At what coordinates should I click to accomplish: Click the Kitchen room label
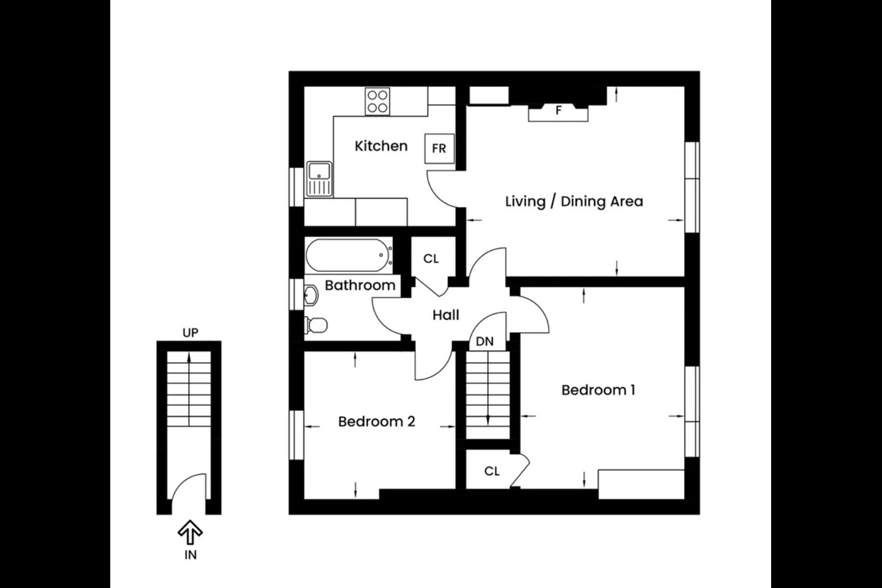381,146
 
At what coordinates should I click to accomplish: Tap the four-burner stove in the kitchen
377,102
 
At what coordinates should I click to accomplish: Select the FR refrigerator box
439,148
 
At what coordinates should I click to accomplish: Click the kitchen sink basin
319,171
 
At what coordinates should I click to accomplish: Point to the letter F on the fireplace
559,111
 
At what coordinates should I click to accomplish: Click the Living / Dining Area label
574,202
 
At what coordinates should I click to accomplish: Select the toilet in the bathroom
316,325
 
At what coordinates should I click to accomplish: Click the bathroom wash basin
311,295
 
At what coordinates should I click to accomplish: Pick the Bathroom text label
360,285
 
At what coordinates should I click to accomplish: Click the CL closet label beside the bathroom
431,258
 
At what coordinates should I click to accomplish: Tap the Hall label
446,315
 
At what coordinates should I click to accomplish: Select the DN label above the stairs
484,341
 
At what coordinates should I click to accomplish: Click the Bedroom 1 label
598,390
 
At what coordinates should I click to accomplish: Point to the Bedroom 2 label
377,422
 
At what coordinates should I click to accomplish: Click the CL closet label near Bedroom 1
492,471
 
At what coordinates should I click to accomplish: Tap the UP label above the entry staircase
190,333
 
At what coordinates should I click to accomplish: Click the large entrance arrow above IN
190,532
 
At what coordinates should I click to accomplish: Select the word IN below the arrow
190,555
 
